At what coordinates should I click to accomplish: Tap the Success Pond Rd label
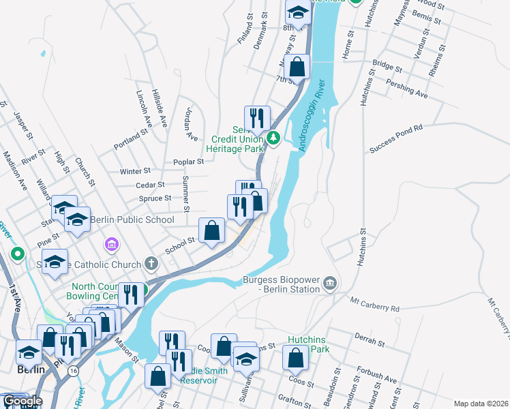[396, 138]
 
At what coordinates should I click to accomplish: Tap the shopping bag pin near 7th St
[297, 67]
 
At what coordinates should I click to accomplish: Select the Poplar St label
[191, 162]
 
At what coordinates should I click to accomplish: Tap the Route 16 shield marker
[73, 369]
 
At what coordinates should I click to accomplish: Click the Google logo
[22, 401]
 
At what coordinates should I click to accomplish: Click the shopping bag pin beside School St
[212, 231]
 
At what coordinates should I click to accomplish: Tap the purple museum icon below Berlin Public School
[110, 243]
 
